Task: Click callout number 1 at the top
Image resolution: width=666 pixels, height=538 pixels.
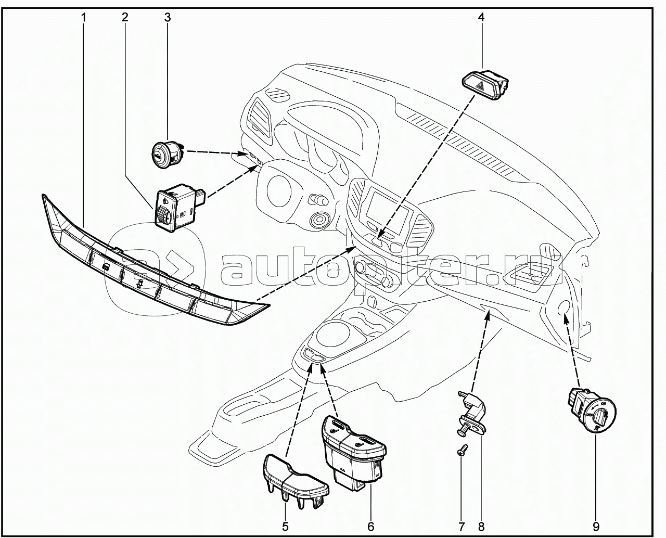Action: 83,18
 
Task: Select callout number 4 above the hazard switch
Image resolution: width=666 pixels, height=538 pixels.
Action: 481,18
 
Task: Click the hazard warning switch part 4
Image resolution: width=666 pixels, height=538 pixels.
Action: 485,84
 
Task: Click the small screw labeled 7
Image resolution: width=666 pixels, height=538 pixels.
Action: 463,450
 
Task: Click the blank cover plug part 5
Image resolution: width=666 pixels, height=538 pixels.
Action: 295,481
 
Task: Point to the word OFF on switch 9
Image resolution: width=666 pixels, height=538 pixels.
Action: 589,415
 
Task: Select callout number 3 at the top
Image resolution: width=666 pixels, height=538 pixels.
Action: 168,18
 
